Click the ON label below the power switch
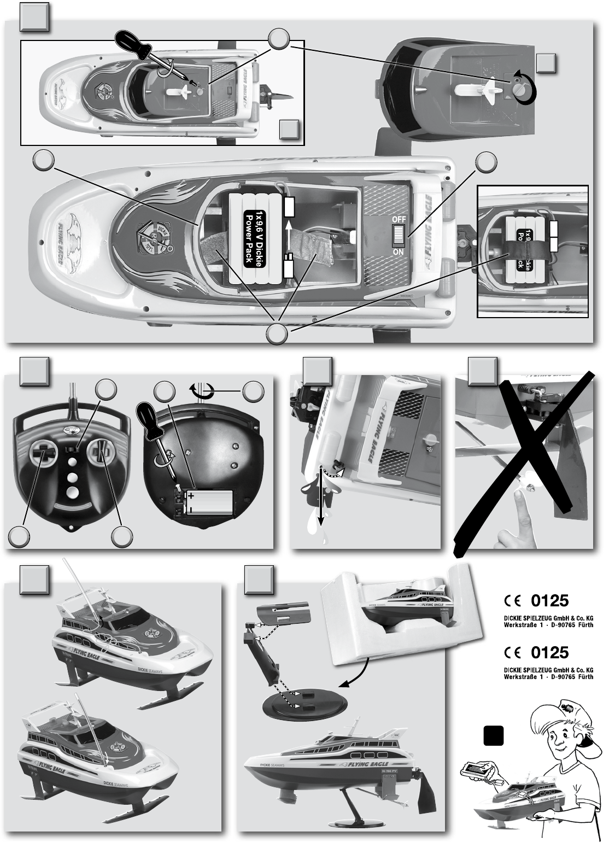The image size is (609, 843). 397,253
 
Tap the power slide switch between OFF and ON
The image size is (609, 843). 397,236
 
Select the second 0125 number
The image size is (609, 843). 550,652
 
